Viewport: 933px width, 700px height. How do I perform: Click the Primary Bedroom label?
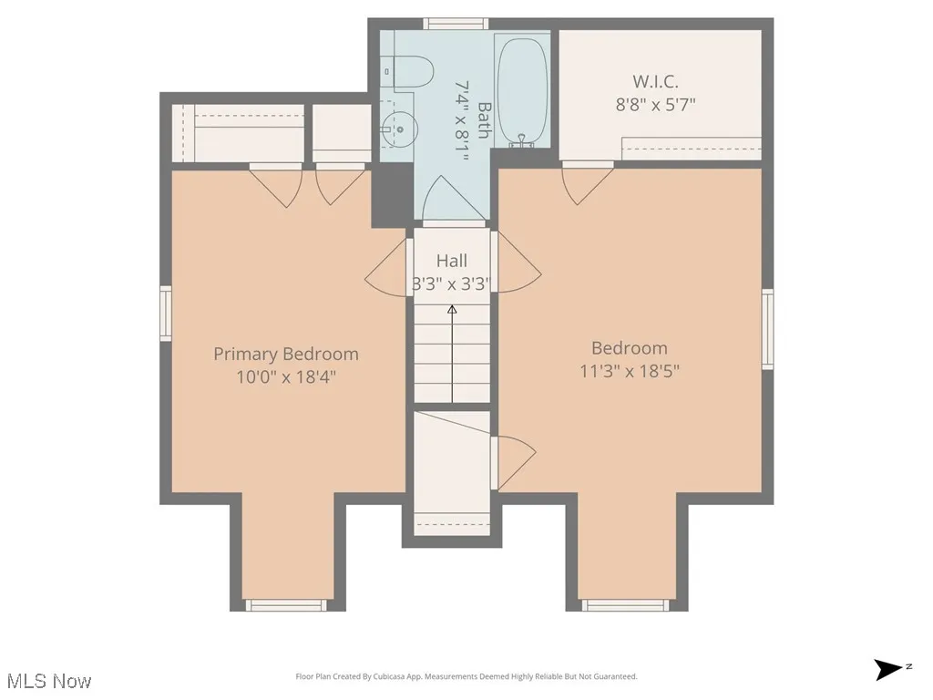285,354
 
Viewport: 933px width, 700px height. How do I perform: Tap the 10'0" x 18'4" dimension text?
285,376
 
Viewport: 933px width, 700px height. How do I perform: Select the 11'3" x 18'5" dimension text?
629,371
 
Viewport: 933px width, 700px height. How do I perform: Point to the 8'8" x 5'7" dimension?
655,103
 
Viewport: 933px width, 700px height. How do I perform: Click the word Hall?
451,261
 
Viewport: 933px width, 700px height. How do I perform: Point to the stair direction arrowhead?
452,310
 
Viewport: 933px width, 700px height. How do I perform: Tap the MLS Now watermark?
48,681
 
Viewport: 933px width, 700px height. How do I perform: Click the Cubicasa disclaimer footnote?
466,676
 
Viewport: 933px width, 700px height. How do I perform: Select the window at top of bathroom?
456,24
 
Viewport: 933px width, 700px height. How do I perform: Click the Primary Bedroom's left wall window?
166,313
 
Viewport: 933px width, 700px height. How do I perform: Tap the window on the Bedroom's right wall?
767,328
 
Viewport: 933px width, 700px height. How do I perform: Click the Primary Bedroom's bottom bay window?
286,604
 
